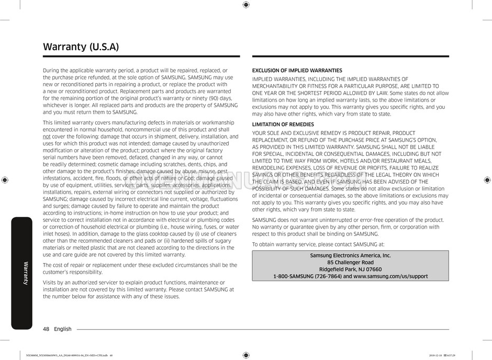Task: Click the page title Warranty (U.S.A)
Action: pos(81,47)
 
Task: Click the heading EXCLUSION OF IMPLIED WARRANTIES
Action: pos(297,70)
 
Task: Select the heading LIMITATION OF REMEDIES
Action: pos(283,125)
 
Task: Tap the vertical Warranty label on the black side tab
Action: pos(25,272)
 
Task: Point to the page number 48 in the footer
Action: pos(46,329)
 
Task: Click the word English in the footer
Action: pos(63,329)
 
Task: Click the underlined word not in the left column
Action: pos(47,136)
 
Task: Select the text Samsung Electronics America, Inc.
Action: pos(350,255)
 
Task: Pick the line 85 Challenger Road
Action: pos(350,262)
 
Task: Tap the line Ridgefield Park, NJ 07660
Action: pos(350,269)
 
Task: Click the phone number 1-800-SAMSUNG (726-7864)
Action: pos(307,276)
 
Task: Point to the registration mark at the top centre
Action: pos(246,5)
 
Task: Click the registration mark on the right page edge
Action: pos(487,179)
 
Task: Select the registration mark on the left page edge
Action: pos(5,179)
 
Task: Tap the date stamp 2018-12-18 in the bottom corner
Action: pos(437,356)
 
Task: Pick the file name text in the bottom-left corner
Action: pos(68,356)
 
